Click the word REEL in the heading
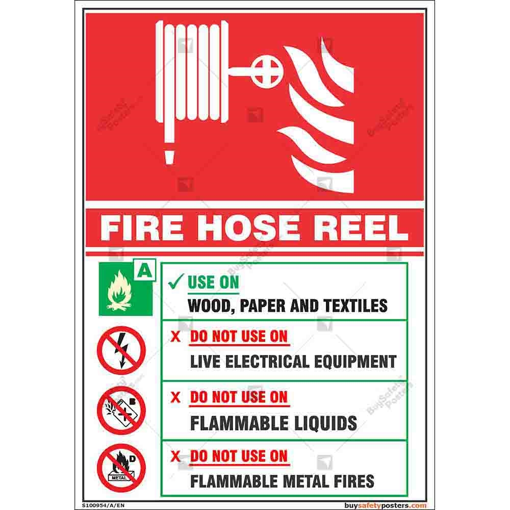click(x=360, y=227)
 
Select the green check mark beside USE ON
click(x=176, y=282)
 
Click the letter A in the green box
click(x=145, y=270)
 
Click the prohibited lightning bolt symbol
click(x=121, y=350)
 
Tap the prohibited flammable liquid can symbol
click(x=121, y=410)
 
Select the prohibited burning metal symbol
click(x=121, y=468)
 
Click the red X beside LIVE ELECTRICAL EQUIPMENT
click(x=175, y=337)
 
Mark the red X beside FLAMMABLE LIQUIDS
click(x=175, y=397)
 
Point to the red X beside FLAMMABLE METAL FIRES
click(x=175, y=456)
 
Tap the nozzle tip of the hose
click(x=169, y=158)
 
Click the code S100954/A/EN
click(x=103, y=505)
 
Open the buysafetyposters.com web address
click(x=386, y=505)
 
